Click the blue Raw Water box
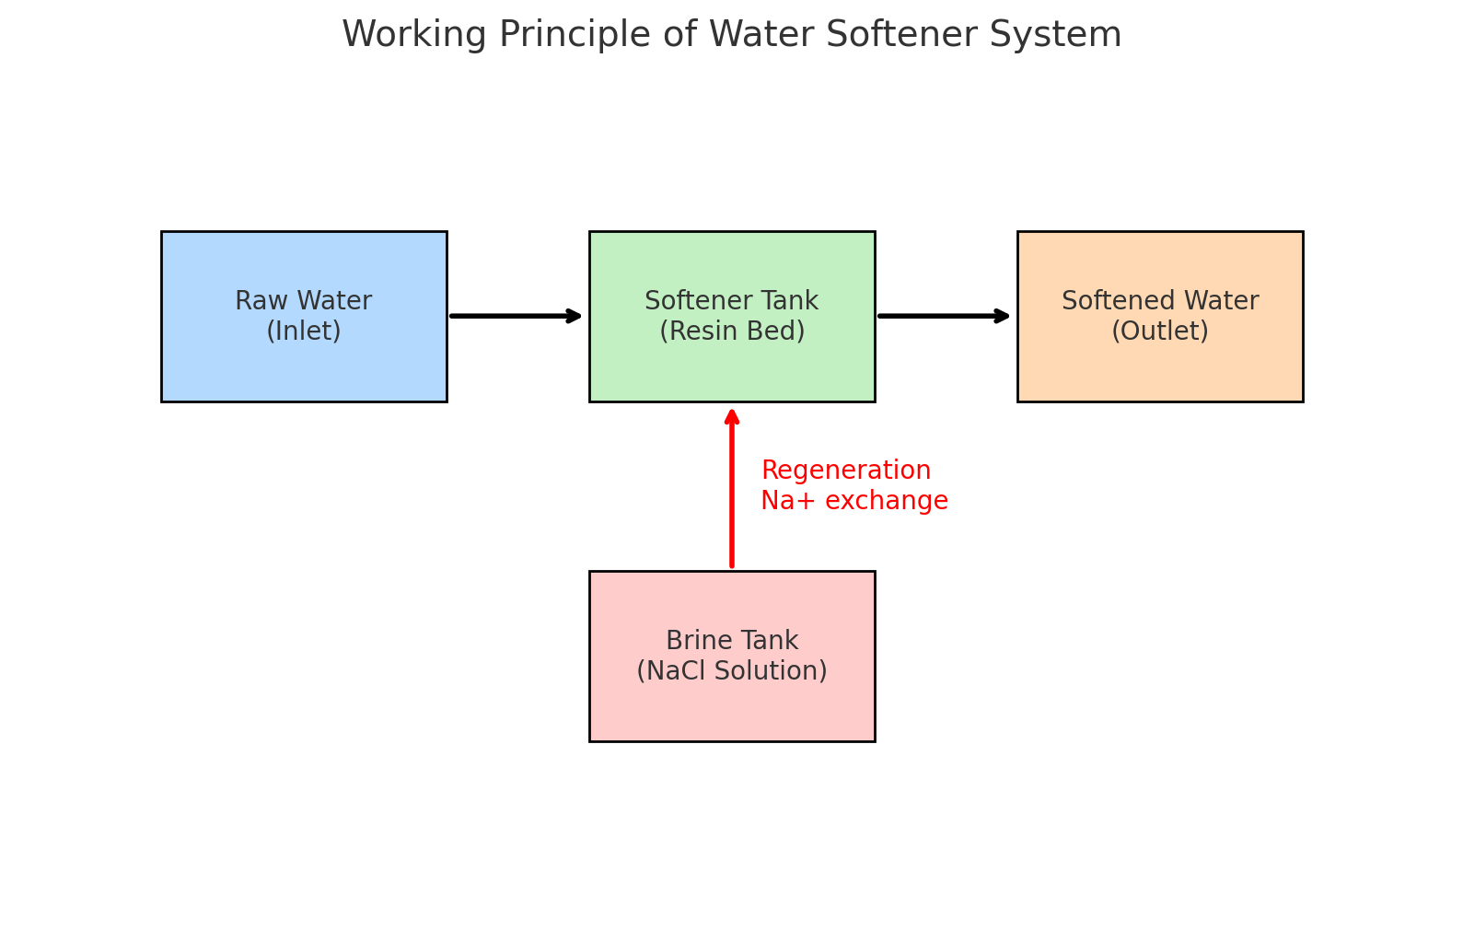pyautogui.click(x=304, y=368)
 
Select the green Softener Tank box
pyautogui.click(x=732, y=368)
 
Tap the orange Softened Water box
pyautogui.click(x=1160, y=368)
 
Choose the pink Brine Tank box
pyautogui.click(x=732, y=709)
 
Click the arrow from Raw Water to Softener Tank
pyautogui.click(x=516, y=316)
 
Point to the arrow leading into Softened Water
pyautogui.click(x=944, y=316)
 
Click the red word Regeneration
pyautogui.click(x=846, y=471)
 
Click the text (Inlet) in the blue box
pyautogui.click(x=304, y=331)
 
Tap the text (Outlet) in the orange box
pyautogui.click(x=1160, y=331)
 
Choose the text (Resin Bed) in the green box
pyautogui.click(x=732, y=331)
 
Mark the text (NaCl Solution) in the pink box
pyautogui.click(x=732, y=671)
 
